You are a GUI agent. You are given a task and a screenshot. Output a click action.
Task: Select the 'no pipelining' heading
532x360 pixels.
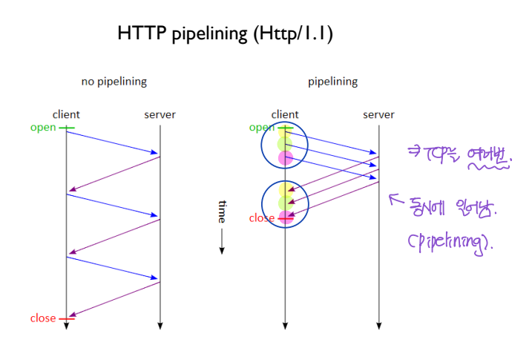(x=114, y=82)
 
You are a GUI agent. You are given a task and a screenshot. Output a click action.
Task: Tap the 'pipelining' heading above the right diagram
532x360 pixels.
(x=332, y=82)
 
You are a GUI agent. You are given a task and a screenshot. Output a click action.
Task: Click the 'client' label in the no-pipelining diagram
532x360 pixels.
(x=66, y=114)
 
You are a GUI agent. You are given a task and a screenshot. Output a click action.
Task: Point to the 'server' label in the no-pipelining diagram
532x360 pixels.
(x=160, y=114)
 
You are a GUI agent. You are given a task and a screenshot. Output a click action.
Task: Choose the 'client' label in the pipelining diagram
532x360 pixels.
(x=285, y=114)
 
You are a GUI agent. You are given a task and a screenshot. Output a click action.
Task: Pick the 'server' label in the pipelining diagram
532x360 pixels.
(x=378, y=114)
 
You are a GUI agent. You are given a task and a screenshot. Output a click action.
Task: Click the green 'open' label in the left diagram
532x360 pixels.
(x=43, y=128)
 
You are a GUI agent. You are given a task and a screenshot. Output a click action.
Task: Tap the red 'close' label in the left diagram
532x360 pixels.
(x=43, y=318)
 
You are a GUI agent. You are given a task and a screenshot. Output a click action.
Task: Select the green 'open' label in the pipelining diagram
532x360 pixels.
(x=261, y=128)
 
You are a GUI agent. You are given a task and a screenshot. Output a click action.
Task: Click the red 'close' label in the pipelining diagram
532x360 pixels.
(x=261, y=218)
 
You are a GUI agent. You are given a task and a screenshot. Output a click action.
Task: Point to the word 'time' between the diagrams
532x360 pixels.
(x=221, y=212)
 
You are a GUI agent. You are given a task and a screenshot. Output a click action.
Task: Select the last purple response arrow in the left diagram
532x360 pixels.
(x=113, y=301)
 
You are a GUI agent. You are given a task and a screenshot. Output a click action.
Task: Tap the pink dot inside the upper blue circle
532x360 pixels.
(x=286, y=158)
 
